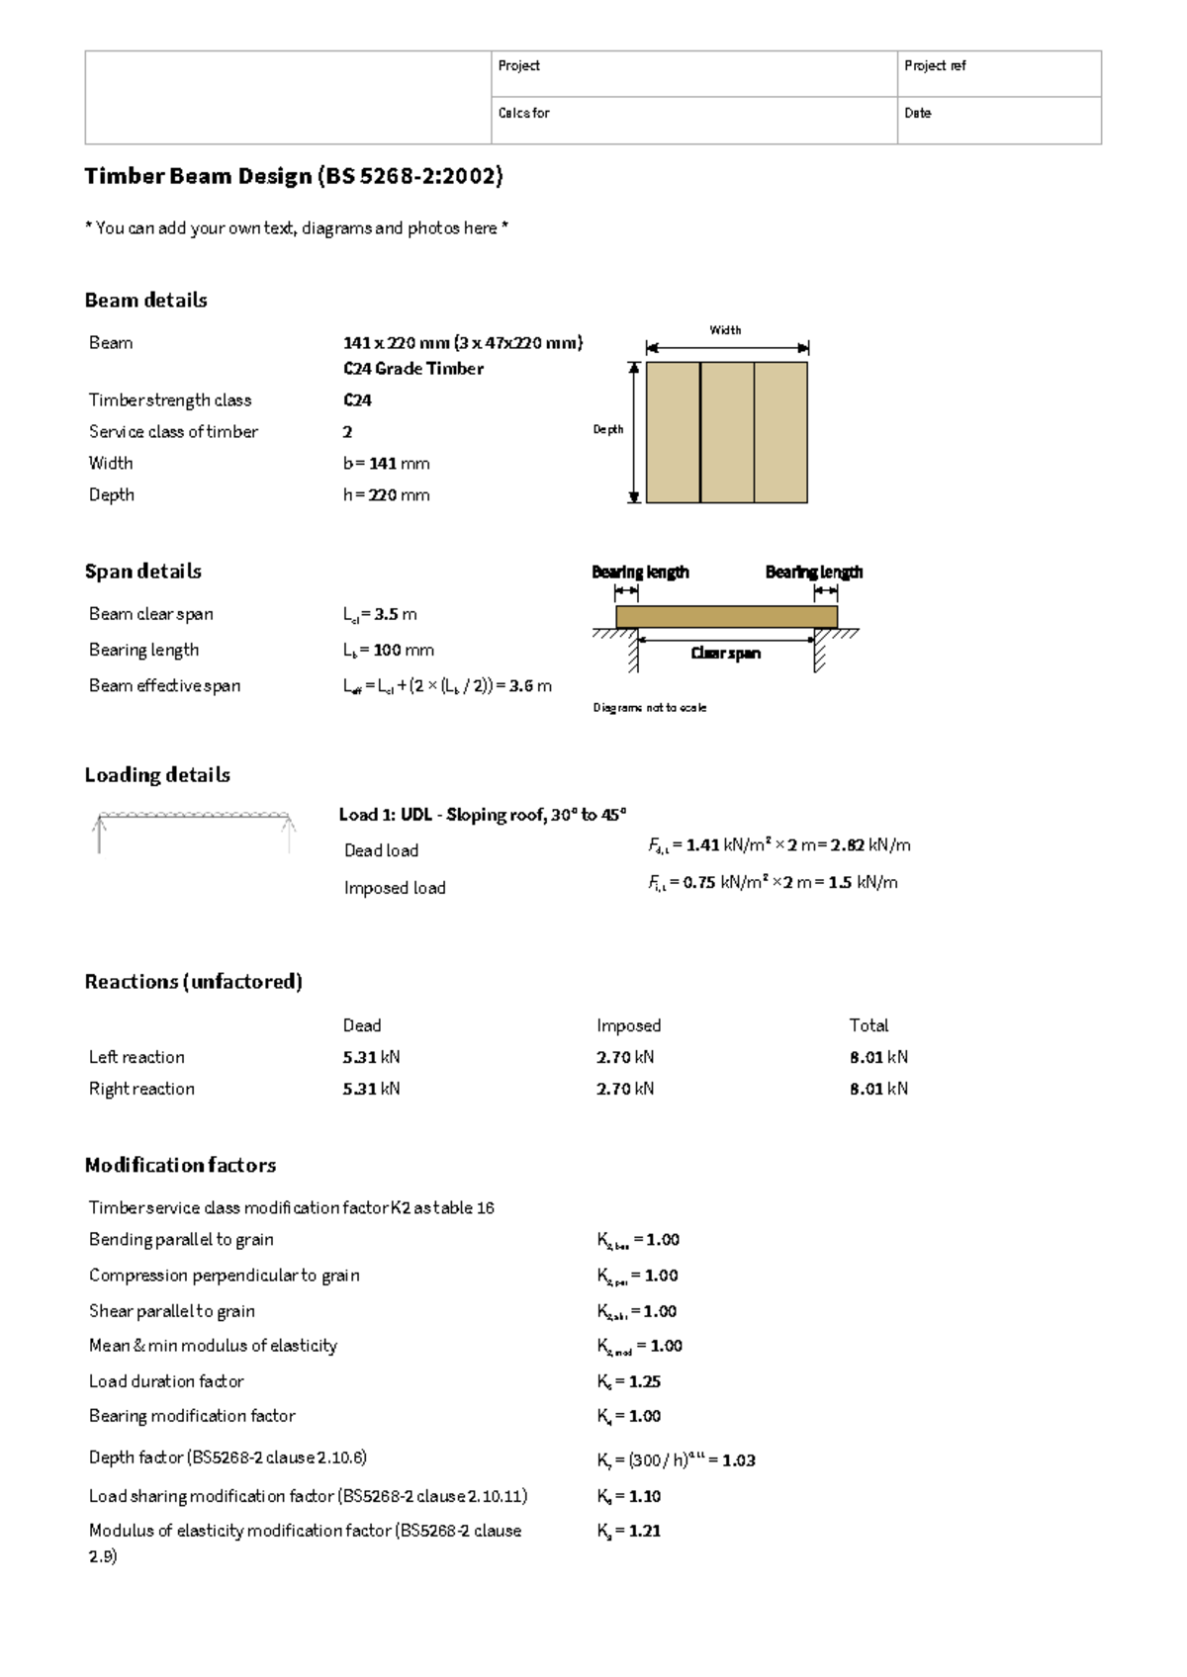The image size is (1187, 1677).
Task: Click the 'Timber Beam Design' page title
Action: tap(294, 176)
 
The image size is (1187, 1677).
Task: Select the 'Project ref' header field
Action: tap(998, 74)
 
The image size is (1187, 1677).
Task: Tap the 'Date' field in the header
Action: tap(998, 121)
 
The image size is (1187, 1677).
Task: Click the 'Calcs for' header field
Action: tap(693, 121)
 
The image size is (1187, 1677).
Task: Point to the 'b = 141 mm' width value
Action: tap(386, 463)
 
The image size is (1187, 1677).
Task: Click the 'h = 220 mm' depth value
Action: tap(386, 494)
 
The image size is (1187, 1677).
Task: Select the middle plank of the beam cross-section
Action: tap(727, 432)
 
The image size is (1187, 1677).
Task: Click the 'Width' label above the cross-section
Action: tap(725, 330)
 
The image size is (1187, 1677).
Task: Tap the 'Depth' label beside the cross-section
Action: tap(607, 429)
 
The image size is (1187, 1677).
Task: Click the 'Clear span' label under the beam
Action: tap(725, 654)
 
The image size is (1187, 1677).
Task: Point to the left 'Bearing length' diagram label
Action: tap(640, 572)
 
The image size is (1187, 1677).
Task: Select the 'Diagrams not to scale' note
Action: tap(649, 708)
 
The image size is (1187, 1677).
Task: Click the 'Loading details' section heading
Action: tap(157, 775)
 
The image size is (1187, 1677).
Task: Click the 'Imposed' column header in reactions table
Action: tap(628, 1025)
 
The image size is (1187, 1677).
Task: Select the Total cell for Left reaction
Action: tap(878, 1057)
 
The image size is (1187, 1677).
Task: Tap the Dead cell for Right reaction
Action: tap(371, 1089)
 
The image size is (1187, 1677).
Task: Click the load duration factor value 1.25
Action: tap(644, 1381)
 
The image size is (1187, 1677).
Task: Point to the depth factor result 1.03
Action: tap(738, 1460)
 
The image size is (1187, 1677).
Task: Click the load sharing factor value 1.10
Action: tap(644, 1496)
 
